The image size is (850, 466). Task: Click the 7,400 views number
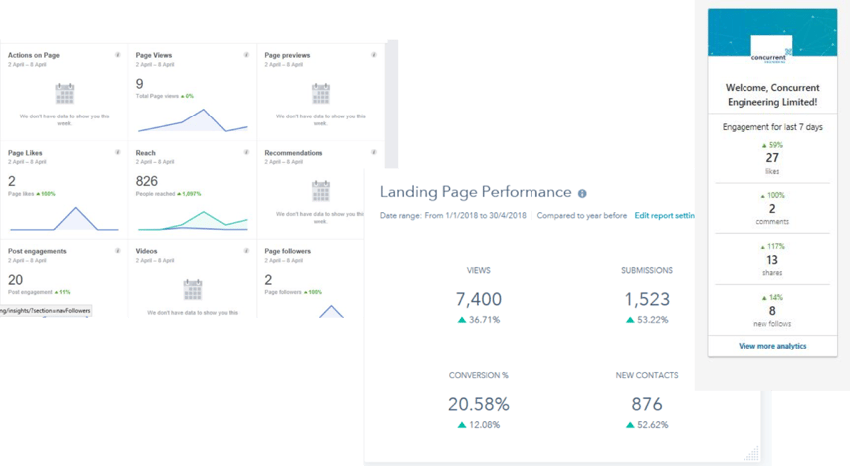pyautogui.click(x=478, y=298)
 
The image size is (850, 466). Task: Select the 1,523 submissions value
pyautogui.click(x=646, y=298)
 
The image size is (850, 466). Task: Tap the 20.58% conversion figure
pyautogui.click(x=478, y=404)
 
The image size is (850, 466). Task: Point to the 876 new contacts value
pyautogui.click(x=646, y=404)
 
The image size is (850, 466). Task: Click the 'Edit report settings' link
pyautogui.click(x=664, y=216)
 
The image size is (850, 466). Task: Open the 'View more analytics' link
pyautogui.click(x=772, y=346)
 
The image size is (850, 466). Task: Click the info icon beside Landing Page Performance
pyautogui.click(x=582, y=194)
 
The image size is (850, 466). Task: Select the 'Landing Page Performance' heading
pyautogui.click(x=476, y=192)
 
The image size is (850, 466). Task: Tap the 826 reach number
pyautogui.click(x=146, y=182)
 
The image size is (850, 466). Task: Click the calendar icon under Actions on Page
pyautogui.click(x=64, y=94)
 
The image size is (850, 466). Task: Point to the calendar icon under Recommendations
pyautogui.click(x=320, y=191)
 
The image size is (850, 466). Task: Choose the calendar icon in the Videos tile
pyautogui.click(x=192, y=289)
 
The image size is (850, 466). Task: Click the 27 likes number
pyautogui.click(x=772, y=158)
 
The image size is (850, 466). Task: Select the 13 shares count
pyautogui.click(x=772, y=260)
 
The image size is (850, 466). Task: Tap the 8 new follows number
pyautogui.click(x=772, y=310)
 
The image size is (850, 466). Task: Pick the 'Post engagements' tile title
pyautogui.click(x=37, y=251)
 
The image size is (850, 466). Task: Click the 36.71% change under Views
pyautogui.click(x=478, y=320)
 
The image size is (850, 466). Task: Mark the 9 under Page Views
pyautogui.click(x=140, y=84)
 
